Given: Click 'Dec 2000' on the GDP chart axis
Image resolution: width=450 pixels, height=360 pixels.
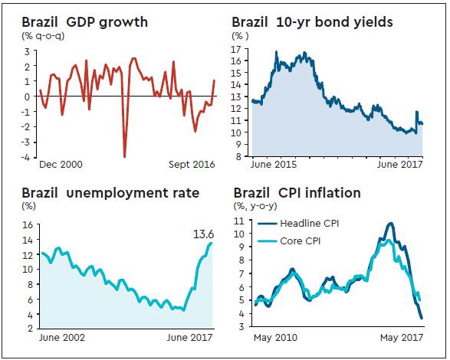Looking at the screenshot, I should (61, 164).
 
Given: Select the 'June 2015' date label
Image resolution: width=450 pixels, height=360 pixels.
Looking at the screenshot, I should (272, 164).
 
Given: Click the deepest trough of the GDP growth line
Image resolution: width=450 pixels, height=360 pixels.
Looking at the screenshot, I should (124, 155).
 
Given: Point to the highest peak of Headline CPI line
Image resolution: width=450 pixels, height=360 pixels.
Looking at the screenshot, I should (391, 224).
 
